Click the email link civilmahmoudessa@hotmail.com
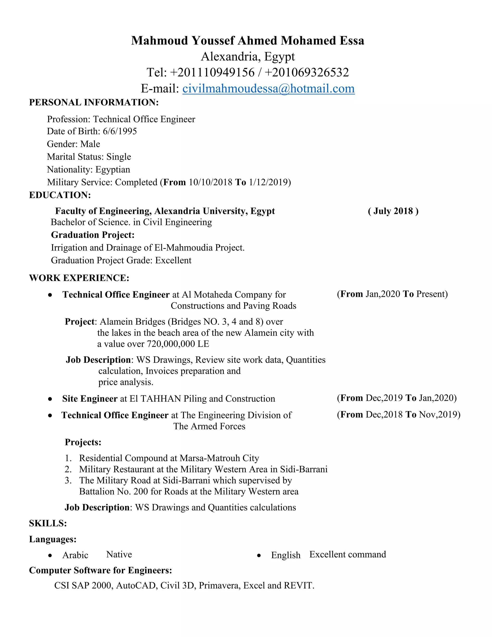pyautogui.click(x=268, y=89)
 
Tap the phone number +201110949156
pyautogui.click(x=212, y=73)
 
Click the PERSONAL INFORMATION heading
pyautogui.click(x=94, y=102)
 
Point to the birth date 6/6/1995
pyautogui.click(x=120, y=131)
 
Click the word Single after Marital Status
pyautogui.click(x=119, y=157)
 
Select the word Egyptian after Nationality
pyautogui.click(x=113, y=169)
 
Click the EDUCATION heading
pyautogui.click(x=60, y=195)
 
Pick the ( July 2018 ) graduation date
pyautogui.click(x=393, y=211)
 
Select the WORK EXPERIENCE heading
pyautogui.click(x=79, y=278)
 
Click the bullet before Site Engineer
pyautogui.click(x=50, y=399)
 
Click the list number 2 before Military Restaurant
pyautogui.click(x=68, y=469)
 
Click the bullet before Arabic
pyautogui.click(x=50, y=555)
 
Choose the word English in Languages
pyautogui.click(x=286, y=555)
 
